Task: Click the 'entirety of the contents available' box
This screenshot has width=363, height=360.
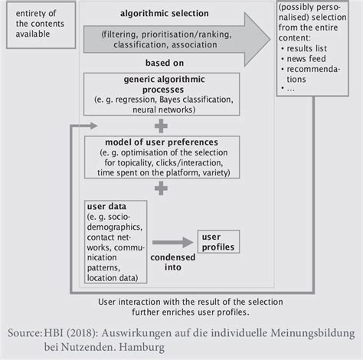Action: point(41,25)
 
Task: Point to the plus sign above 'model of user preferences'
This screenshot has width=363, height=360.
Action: point(160,125)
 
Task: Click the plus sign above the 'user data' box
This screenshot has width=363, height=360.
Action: point(160,188)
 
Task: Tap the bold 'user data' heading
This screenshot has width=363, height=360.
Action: point(107,207)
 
